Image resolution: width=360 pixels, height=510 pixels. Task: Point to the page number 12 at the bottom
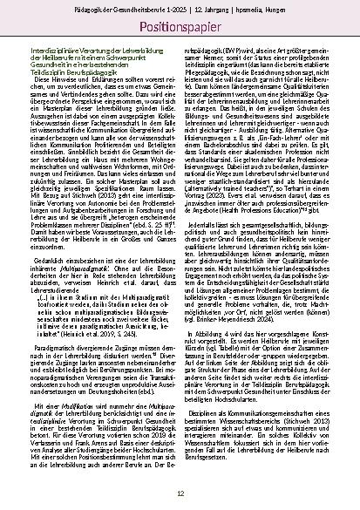tap(180, 493)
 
